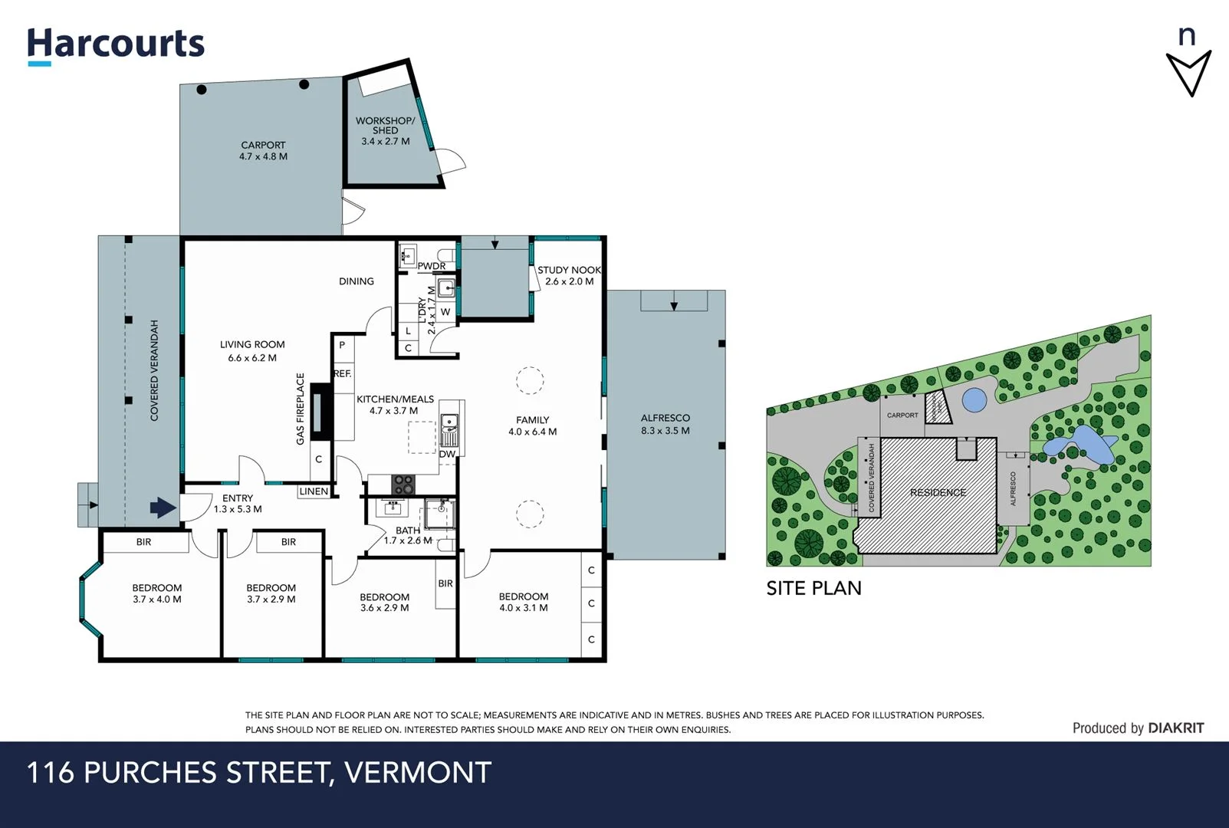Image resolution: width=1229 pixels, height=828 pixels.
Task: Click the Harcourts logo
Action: click(x=116, y=45)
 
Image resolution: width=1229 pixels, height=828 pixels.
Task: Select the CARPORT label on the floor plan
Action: click(x=263, y=150)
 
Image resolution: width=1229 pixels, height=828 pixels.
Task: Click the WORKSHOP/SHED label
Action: click(x=385, y=130)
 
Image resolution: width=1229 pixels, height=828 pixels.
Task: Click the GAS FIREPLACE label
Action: click(x=301, y=409)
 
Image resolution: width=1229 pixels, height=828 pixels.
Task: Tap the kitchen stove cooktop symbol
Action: click(x=403, y=484)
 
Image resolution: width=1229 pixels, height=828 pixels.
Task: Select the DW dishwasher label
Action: click(x=447, y=454)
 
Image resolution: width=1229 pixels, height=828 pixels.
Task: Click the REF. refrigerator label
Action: click(x=342, y=373)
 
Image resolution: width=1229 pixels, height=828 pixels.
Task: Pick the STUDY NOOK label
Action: click(x=569, y=270)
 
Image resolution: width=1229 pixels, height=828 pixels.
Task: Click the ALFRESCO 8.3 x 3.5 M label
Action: click(x=665, y=424)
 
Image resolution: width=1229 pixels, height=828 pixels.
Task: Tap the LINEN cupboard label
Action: click(x=314, y=491)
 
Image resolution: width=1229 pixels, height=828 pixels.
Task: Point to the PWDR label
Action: click(x=431, y=266)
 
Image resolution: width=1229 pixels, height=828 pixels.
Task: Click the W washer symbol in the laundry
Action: click(x=445, y=312)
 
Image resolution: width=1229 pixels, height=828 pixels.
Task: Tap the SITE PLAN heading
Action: click(x=813, y=588)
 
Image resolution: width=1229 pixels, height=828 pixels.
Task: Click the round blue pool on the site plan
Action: click(x=974, y=399)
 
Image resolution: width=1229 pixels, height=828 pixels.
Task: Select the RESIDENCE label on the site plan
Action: click(x=938, y=492)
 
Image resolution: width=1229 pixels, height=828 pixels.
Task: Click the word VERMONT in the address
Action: click(x=418, y=773)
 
